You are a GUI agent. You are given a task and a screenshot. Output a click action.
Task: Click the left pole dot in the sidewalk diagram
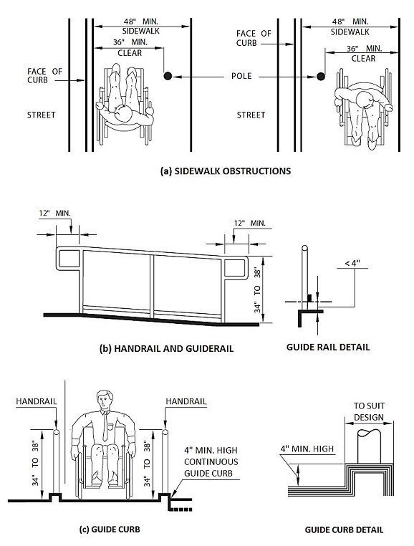(x=167, y=76)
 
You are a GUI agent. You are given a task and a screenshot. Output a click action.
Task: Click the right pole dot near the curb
(x=320, y=76)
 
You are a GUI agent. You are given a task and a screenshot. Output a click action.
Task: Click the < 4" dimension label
(x=351, y=263)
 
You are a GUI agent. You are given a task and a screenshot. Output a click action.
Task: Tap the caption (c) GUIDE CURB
(x=110, y=530)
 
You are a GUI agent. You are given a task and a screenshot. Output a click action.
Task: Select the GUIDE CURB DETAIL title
(x=344, y=530)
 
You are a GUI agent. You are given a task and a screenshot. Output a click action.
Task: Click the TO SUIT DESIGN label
(x=370, y=411)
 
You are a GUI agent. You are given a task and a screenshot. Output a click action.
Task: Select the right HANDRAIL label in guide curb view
(x=186, y=401)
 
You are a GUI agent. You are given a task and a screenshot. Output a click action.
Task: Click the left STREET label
(x=42, y=115)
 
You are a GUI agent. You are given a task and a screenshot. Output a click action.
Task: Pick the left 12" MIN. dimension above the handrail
(x=56, y=214)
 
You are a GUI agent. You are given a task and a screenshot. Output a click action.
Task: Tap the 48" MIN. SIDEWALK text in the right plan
(x=351, y=27)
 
